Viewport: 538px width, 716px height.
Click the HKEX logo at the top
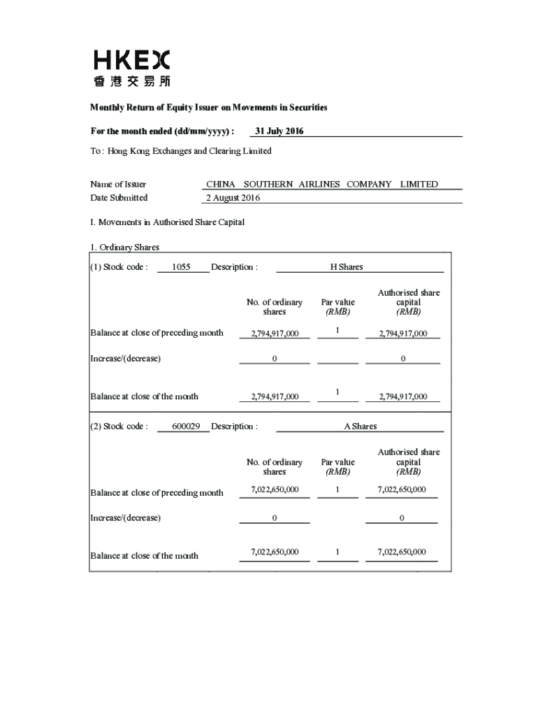[131, 68]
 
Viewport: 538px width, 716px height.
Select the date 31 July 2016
[279, 131]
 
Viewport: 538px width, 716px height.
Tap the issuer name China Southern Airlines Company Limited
[322, 184]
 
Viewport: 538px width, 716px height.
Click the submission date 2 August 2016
[233, 198]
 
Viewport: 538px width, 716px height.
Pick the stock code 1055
[181, 267]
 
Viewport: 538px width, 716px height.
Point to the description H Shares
[347, 267]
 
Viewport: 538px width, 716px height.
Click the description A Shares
[360, 427]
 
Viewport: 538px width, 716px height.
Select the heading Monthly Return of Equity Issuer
[208, 108]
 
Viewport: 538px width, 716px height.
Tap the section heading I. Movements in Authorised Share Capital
[167, 222]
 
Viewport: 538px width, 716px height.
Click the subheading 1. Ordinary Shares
[124, 248]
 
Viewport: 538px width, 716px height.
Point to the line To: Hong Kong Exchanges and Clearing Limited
[180, 151]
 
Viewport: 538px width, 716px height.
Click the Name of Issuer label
[118, 185]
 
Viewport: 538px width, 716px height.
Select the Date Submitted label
[119, 198]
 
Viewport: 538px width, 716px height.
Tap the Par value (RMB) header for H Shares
[337, 307]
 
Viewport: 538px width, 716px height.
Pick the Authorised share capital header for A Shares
[409, 461]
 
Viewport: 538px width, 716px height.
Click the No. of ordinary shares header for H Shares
[275, 307]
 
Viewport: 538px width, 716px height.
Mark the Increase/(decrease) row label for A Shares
[125, 518]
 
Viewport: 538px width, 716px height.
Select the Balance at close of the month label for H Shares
[144, 396]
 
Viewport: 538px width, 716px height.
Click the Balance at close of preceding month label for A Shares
[157, 493]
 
